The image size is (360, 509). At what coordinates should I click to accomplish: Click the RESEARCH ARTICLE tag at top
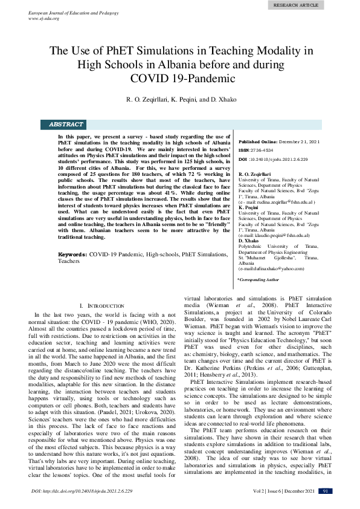295,5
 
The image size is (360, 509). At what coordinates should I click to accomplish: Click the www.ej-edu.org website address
43,18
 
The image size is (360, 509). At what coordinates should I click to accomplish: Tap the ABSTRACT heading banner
66,125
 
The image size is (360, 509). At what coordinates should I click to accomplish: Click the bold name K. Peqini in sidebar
249,207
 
